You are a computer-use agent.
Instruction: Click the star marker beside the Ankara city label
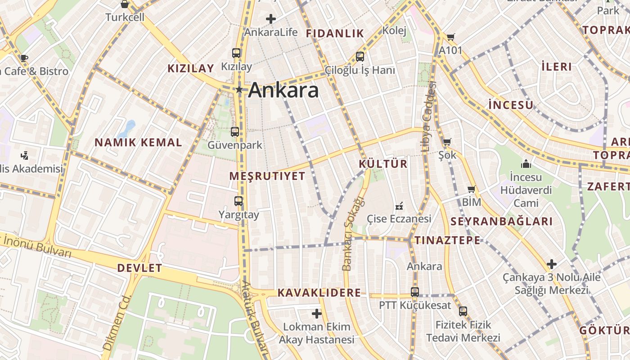tap(239, 90)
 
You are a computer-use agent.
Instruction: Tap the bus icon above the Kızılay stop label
tap(236, 53)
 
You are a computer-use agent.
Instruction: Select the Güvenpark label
tap(234, 145)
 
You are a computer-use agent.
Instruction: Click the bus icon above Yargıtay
tap(238, 201)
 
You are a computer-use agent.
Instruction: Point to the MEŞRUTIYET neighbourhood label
tap(267, 176)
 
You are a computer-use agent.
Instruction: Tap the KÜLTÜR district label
tap(383, 164)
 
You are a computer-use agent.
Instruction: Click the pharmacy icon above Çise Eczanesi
tap(399, 207)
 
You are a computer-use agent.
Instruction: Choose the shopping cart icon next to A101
tap(450, 37)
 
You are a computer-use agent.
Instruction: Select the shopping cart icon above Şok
tap(447, 142)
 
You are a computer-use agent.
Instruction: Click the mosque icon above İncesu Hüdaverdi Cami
tap(526, 163)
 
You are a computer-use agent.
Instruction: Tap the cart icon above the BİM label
tap(471, 189)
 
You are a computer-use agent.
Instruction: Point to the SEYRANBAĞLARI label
tap(501, 221)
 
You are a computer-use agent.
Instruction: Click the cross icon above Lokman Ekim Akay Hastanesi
tap(317, 313)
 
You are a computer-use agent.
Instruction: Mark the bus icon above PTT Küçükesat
tap(415, 292)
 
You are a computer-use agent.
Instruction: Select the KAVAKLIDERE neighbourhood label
tap(319, 293)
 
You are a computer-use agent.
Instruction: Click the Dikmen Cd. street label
tap(116, 323)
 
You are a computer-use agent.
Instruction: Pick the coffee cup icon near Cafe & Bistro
tap(24, 58)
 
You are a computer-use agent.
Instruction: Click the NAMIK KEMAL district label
tap(138, 143)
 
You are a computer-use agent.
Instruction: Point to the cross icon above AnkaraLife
tap(271, 19)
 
